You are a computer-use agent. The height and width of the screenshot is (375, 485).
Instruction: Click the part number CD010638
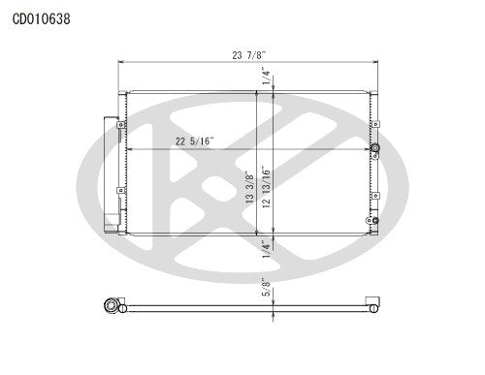click(x=40, y=18)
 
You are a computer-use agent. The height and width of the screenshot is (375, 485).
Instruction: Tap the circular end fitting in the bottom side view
click(x=113, y=306)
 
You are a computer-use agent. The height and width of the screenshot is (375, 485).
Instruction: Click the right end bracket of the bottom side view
click(x=370, y=303)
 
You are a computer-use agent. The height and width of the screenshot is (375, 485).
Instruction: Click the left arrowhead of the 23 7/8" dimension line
click(x=120, y=64)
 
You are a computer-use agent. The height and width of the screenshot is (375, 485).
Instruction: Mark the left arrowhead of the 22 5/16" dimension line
click(x=128, y=148)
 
